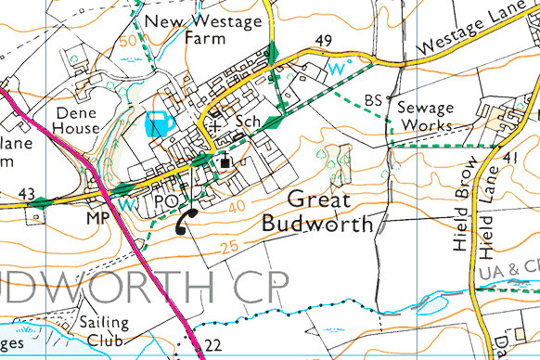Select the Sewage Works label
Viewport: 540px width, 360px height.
tap(426, 116)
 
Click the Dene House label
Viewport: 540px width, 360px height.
tap(77, 120)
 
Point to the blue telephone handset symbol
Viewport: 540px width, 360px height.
tap(160, 122)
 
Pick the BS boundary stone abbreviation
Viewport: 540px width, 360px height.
tap(373, 100)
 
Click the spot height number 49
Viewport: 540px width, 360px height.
tap(324, 40)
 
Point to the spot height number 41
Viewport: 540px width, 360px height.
tap(509, 160)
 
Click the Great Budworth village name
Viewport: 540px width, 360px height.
tap(320, 212)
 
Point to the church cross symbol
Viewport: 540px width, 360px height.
tap(216, 122)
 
